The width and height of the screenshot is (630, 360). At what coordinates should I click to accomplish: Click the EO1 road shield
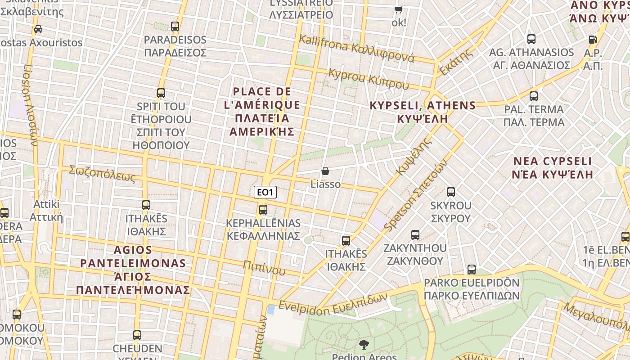pos(265,193)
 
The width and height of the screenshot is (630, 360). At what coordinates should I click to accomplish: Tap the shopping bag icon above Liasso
pos(325,171)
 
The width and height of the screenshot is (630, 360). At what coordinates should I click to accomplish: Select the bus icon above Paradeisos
pos(175,27)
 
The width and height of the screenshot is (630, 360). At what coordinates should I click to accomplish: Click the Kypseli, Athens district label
pos(423,112)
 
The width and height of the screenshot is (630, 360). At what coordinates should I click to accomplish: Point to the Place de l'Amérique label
pos(262,112)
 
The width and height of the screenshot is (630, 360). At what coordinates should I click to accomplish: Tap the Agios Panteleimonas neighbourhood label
pos(133,270)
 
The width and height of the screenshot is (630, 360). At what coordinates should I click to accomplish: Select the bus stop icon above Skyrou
pos(451,192)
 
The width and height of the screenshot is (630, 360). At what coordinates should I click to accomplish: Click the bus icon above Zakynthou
pos(415,235)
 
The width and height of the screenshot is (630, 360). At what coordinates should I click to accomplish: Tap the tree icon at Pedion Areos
pos(364,345)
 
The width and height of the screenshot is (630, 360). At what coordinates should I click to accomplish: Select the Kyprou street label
pos(369,79)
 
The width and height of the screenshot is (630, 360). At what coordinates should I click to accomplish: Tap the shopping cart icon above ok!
pos(399,9)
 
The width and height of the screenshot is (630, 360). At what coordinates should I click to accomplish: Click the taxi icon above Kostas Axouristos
pos(38,29)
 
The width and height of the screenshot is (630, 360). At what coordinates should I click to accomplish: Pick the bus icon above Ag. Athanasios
pos(531,39)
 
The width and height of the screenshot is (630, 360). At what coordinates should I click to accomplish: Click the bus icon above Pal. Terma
pos(534,96)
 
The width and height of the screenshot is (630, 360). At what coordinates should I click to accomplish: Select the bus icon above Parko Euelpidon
pos(472,270)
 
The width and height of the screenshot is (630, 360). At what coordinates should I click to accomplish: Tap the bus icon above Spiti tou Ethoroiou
pos(161,93)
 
